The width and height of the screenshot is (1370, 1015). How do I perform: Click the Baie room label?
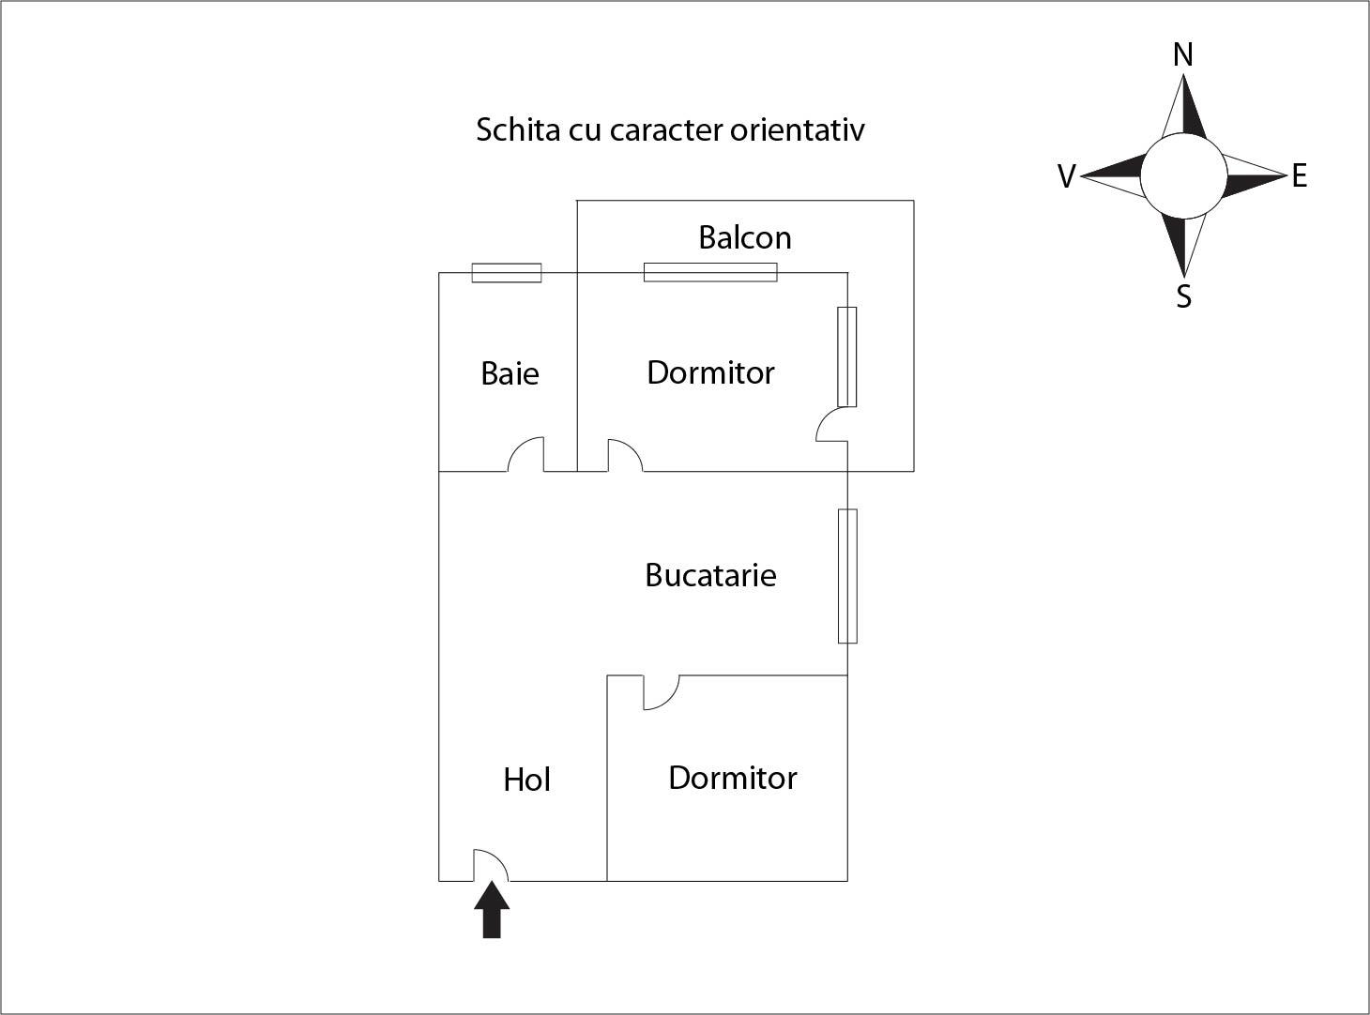click(510, 373)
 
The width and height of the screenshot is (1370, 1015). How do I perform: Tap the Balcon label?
click(744, 237)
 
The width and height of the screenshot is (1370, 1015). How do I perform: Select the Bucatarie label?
click(710, 574)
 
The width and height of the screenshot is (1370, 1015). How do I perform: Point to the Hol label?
click(526, 780)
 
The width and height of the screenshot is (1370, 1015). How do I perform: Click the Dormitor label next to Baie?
click(710, 372)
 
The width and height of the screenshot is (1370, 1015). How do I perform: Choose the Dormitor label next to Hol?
click(732, 778)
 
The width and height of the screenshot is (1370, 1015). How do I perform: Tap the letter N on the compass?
click(1183, 56)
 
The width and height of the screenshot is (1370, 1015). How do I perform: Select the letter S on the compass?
click(1183, 296)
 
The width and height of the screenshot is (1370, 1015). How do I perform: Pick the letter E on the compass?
click(1299, 175)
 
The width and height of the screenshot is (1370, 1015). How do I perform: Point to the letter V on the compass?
click(1066, 176)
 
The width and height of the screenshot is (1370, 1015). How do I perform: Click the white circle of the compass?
click(1182, 175)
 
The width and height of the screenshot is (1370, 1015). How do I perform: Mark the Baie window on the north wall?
click(507, 273)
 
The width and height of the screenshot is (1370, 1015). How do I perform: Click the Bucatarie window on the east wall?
click(847, 576)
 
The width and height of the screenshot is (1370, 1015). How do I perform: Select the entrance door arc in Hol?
click(490, 865)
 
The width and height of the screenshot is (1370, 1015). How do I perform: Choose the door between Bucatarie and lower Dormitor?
click(660, 692)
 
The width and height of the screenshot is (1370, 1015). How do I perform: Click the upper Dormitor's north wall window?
click(710, 272)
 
